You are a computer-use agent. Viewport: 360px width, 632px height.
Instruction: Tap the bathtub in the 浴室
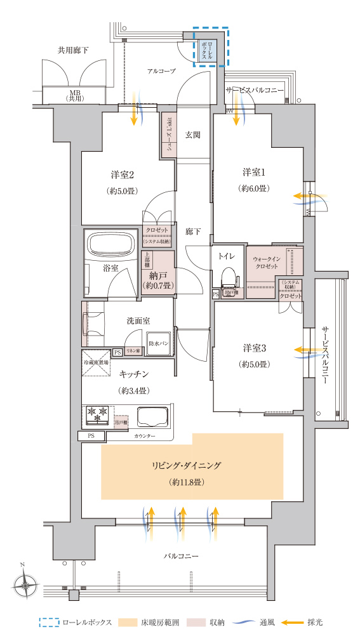[x=111, y=244]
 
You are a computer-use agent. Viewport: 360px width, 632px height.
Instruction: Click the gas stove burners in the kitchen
[x=98, y=414]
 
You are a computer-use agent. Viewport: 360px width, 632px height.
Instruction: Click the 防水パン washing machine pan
[x=158, y=341]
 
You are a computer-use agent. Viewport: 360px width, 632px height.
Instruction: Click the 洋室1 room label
[x=253, y=172]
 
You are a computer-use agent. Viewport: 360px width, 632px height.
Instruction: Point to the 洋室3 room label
[x=253, y=348]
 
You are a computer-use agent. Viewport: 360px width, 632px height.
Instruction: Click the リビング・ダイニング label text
[x=186, y=465]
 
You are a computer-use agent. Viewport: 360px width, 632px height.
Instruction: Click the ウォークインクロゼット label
[x=265, y=263]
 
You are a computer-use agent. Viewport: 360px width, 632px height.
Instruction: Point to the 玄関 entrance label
[x=193, y=135]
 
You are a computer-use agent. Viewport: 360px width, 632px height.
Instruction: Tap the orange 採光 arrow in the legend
[x=293, y=622]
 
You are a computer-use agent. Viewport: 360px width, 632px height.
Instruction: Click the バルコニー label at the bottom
[x=181, y=556]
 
